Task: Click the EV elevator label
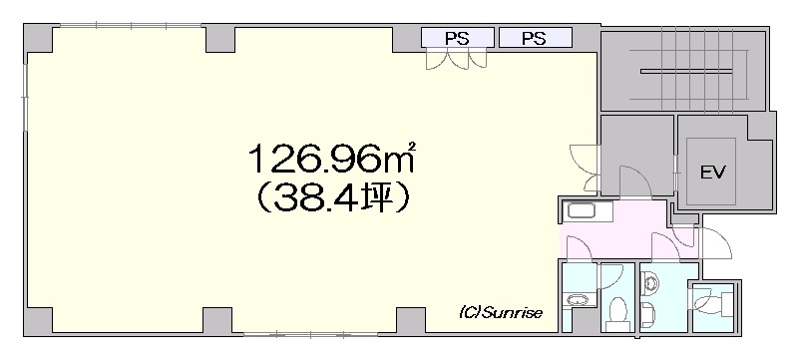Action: pos(712,172)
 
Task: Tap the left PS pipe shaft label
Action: pos(457,39)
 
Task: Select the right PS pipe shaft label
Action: pos(534,39)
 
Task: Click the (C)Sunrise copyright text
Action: pos(501,312)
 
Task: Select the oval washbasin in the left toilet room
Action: pos(578,299)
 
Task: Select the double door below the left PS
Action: pos(457,60)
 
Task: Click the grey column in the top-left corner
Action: pos(39,39)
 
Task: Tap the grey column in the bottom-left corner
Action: pos(39,320)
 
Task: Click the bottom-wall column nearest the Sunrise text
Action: pos(411,320)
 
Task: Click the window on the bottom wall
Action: pos(310,335)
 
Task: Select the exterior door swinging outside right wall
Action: pos(716,243)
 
